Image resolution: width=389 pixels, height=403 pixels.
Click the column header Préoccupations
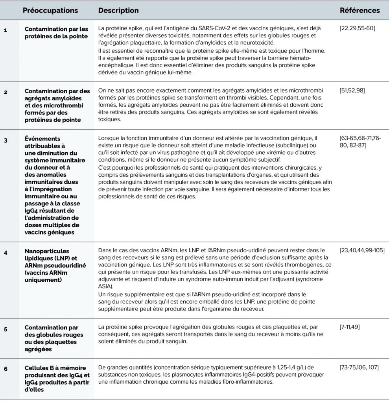click(50, 11)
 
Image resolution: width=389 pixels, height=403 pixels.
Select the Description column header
click(118, 11)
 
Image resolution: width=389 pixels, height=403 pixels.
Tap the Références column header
click(360, 11)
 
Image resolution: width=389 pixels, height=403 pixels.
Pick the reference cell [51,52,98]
click(352, 91)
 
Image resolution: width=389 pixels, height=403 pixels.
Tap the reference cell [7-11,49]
click(350, 327)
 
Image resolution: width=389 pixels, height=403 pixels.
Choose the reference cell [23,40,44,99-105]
click(362, 250)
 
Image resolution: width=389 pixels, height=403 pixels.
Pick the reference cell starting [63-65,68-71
click(360, 142)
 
